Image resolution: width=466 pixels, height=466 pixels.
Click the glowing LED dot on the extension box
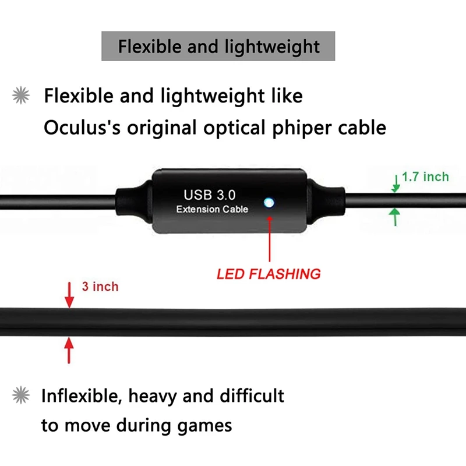[x=269, y=203]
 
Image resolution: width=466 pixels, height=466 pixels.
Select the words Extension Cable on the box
[x=212, y=209]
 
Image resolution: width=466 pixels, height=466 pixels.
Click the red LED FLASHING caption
[x=269, y=273]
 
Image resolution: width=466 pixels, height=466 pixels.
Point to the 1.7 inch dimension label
[x=425, y=176]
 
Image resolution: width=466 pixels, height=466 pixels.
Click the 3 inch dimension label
[x=100, y=287]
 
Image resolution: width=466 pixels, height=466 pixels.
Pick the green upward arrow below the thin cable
[x=396, y=218]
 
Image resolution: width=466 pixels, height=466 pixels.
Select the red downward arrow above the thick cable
[x=69, y=295]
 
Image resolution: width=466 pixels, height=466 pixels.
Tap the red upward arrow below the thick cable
[x=69, y=351]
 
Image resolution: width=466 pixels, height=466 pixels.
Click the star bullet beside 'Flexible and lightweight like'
[x=21, y=96]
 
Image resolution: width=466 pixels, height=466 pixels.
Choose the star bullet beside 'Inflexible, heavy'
[x=21, y=397]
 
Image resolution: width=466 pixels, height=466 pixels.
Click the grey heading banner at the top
[x=218, y=47]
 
